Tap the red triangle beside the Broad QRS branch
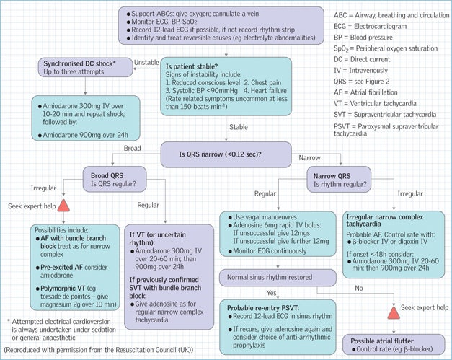pos(63,207)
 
